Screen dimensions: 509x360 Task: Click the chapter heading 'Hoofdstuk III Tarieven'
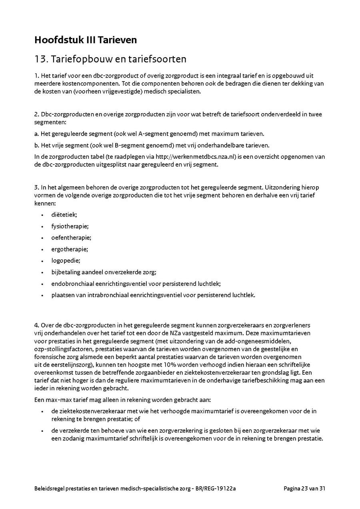coord(86,40)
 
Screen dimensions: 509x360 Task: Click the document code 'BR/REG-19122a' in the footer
coord(216,488)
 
